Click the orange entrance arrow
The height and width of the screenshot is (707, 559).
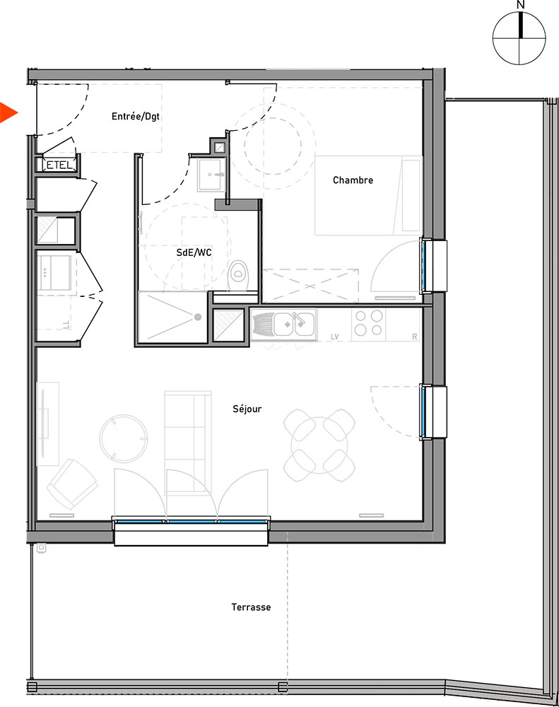pos(8,112)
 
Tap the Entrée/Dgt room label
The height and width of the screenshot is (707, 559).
pos(136,117)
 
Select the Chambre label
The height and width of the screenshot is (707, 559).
pos(353,180)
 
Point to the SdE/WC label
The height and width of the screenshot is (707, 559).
pos(194,252)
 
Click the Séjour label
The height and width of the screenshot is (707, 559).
pos(247,409)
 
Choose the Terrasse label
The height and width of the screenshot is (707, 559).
pos(251,607)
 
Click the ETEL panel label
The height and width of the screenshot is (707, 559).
pos(59,165)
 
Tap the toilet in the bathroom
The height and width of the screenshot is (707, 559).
pos(237,275)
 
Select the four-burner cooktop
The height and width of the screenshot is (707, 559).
pos(368,323)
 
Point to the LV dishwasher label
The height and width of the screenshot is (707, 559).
pos(334,337)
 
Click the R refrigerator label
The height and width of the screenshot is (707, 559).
pos(415,337)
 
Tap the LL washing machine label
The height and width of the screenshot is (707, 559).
pos(66,325)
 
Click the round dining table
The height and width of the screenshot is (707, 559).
pos(319,445)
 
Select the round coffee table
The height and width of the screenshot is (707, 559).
pos(123,439)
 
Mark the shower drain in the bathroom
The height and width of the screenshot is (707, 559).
pos(197,317)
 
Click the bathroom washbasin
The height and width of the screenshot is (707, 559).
pos(211,175)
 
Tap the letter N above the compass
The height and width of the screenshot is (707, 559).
pos(521,5)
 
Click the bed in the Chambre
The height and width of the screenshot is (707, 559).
pos(368,195)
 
